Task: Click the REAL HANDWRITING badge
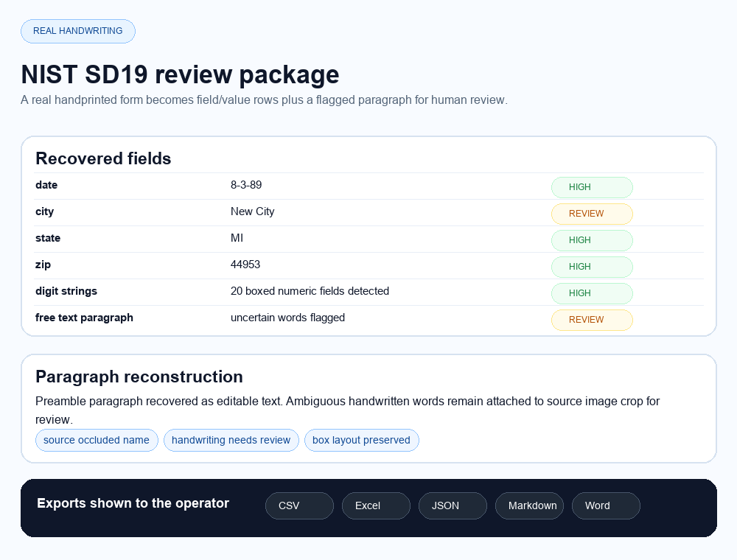pyautogui.click(x=77, y=31)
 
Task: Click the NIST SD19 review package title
pyautogui.click(x=180, y=74)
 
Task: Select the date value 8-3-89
pyautogui.click(x=246, y=185)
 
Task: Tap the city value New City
pyautogui.click(x=252, y=211)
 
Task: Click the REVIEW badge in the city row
pyautogui.click(x=591, y=214)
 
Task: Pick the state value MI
pyautogui.click(x=237, y=238)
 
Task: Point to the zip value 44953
pyautogui.click(x=245, y=265)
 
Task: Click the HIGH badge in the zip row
pyautogui.click(x=591, y=267)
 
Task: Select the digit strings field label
pyautogui.click(x=66, y=291)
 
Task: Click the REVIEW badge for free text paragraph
pyautogui.click(x=591, y=320)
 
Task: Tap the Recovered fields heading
pyautogui.click(x=103, y=158)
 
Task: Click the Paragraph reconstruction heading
pyautogui.click(x=139, y=377)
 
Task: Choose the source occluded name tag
pyautogui.click(x=97, y=440)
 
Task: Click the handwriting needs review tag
pyautogui.click(x=231, y=440)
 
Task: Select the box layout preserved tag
pyautogui.click(x=361, y=440)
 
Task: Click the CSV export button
pyautogui.click(x=299, y=505)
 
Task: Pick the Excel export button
pyautogui.click(x=376, y=505)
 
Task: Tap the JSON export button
pyautogui.click(x=453, y=505)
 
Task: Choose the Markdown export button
pyautogui.click(x=529, y=505)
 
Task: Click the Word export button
pyautogui.click(x=606, y=505)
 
